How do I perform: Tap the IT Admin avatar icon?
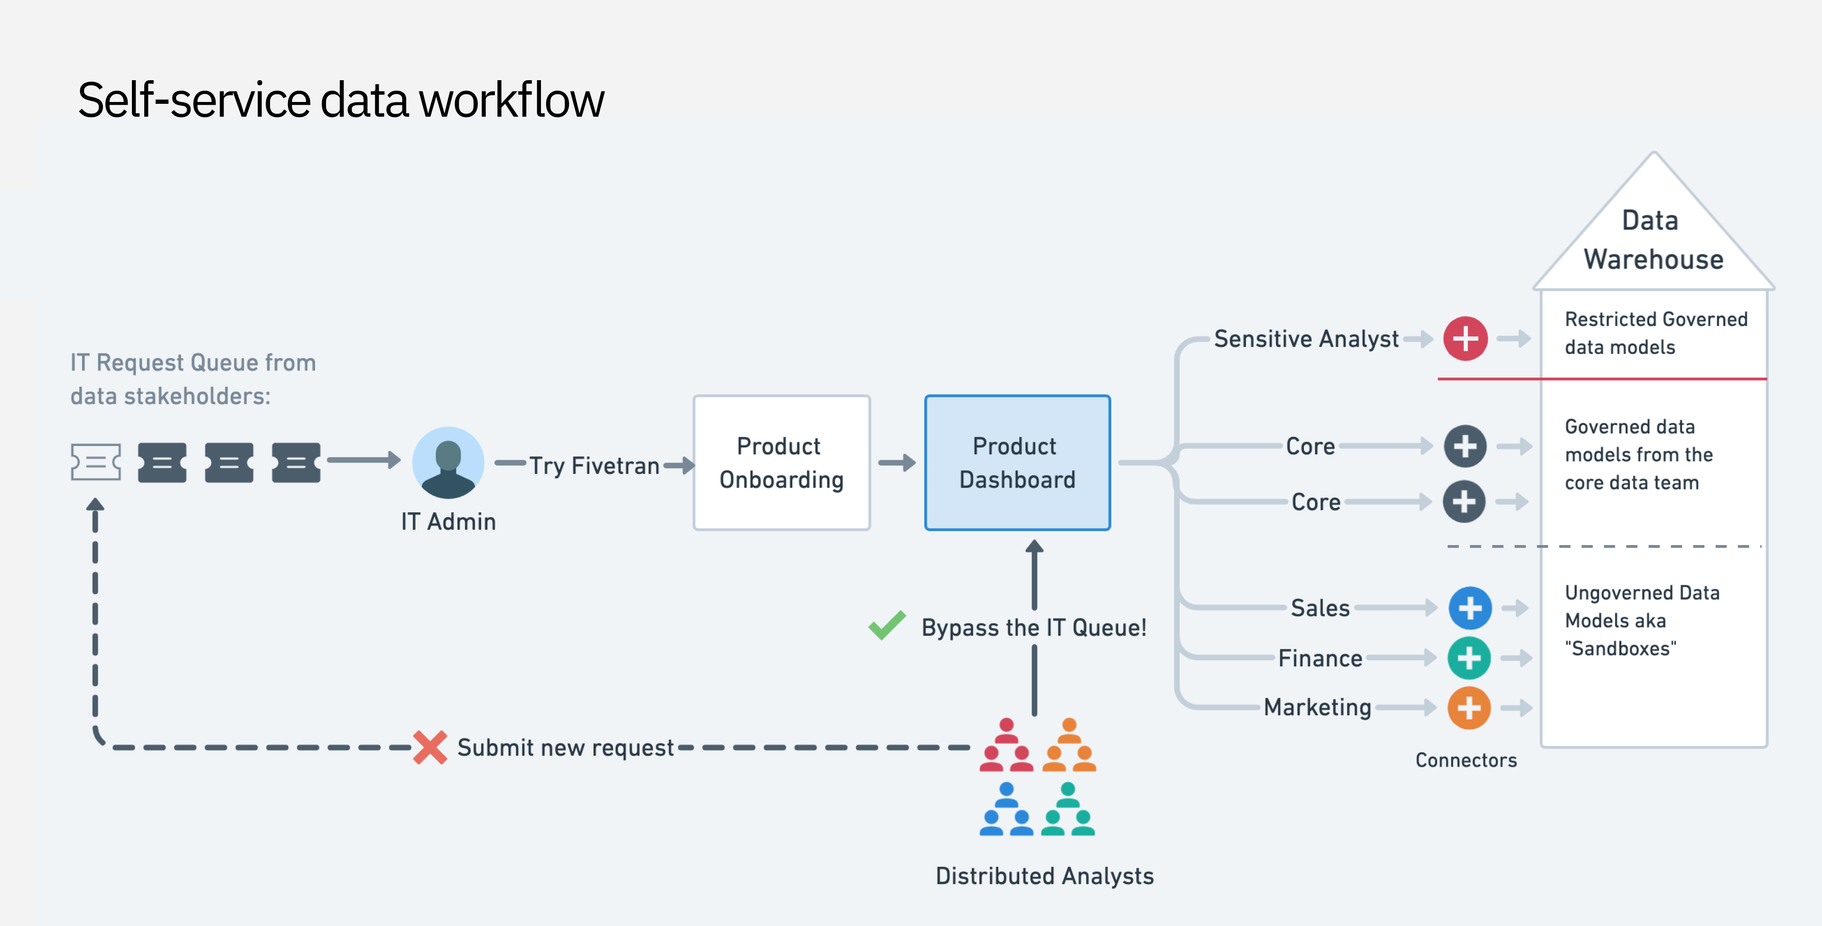pyautogui.click(x=448, y=462)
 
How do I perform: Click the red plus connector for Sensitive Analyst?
pyautogui.click(x=1465, y=339)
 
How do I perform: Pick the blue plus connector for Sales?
pyautogui.click(x=1470, y=608)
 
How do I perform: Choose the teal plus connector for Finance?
pyautogui.click(x=1469, y=658)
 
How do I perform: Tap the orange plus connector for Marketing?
pyautogui.click(x=1469, y=707)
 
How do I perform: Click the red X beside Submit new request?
pyautogui.click(x=430, y=747)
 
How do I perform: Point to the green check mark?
pyautogui.click(x=887, y=625)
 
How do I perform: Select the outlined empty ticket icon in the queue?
pyautogui.click(x=95, y=462)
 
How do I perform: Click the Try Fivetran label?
pyautogui.click(x=594, y=465)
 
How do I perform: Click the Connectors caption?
pyautogui.click(x=1466, y=760)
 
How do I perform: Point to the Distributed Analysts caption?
pyautogui.click(x=1044, y=876)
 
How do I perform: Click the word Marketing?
pyautogui.click(x=1317, y=707)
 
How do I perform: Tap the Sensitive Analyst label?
pyautogui.click(x=1306, y=339)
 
